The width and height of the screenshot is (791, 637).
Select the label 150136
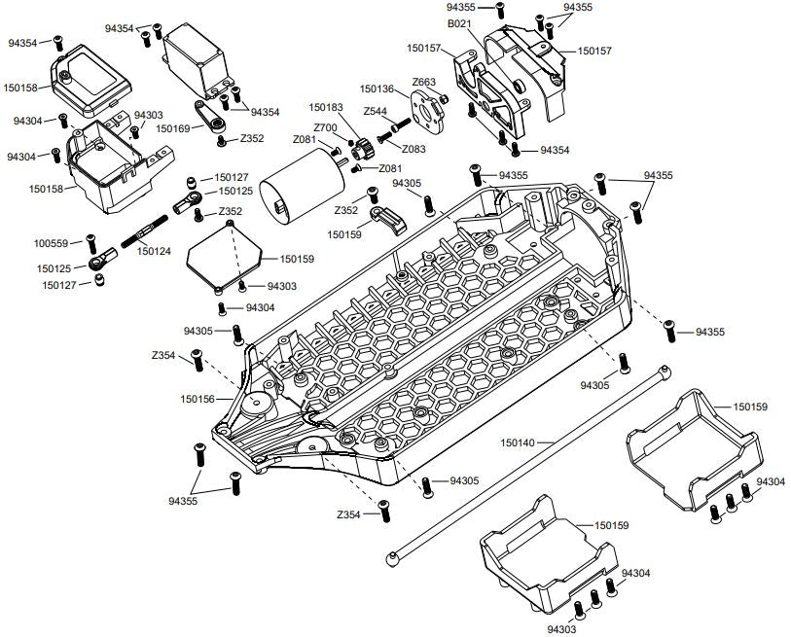point(377,88)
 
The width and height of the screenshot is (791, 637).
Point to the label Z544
point(376,111)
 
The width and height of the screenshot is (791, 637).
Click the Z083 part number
point(413,149)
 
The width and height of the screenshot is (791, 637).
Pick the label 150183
point(327,107)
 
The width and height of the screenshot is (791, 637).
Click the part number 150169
point(174,127)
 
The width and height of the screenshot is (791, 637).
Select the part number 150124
point(155,251)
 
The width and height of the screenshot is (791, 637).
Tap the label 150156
point(198,398)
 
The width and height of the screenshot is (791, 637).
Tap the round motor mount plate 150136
point(427,112)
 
